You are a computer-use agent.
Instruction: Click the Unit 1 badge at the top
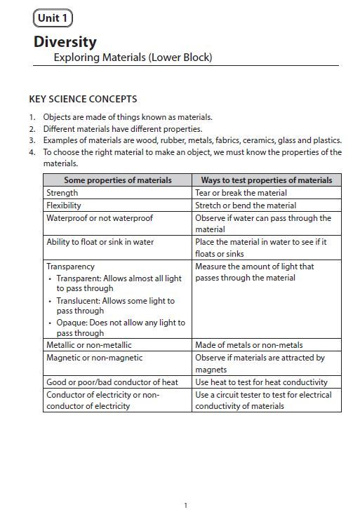pyautogui.click(x=53, y=19)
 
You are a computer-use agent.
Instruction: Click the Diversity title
pyautogui.click(x=65, y=42)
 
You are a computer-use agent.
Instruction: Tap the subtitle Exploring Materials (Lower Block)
pyautogui.click(x=133, y=58)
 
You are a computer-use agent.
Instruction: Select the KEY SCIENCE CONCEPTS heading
pyautogui.click(x=83, y=100)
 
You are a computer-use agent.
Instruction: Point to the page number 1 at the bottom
pyautogui.click(x=185, y=505)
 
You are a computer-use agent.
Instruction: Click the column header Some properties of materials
pyautogui.click(x=117, y=180)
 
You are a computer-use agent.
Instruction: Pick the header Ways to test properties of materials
pyautogui.click(x=267, y=180)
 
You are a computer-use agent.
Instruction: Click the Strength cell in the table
pyautogui.click(x=62, y=193)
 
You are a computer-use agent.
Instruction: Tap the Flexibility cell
pyautogui.click(x=64, y=206)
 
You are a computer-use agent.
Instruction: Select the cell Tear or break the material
pyautogui.click(x=241, y=193)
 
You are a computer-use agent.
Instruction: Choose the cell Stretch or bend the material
pyautogui.click(x=246, y=206)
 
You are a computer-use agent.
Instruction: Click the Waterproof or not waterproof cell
pyautogui.click(x=100, y=218)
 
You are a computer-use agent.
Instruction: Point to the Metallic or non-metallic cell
pyautogui.click(x=89, y=345)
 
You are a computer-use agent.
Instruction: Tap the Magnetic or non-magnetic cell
pyautogui.click(x=94, y=358)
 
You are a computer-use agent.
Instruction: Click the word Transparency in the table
pyautogui.click(x=70, y=267)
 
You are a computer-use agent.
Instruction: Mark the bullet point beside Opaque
pyautogui.click(x=50, y=323)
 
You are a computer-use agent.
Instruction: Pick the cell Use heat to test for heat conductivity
pyautogui.click(x=261, y=382)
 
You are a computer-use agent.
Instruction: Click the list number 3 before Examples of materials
pyautogui.click(x=32, y=140)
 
